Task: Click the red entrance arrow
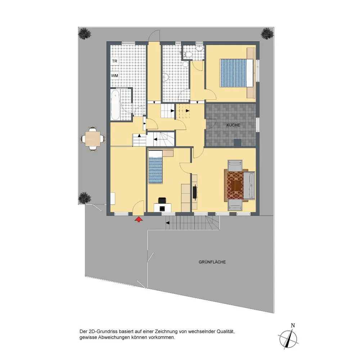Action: click(139, 219)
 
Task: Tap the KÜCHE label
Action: click(233, 125)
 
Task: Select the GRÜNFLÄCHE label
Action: click(212, 262)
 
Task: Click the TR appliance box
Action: click(114, 61)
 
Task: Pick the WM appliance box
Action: click(114, 76)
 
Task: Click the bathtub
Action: click(115, 104)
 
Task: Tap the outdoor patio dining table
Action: click(93, 139)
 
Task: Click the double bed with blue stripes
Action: click(237, 73)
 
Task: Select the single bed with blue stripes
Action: click(155, 167)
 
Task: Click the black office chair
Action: click(162, 200)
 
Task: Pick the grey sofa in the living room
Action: click(249, 185)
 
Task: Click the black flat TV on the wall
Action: click(195, 191)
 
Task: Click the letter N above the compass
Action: click(293, 325)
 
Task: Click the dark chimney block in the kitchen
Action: click(237, 143)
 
